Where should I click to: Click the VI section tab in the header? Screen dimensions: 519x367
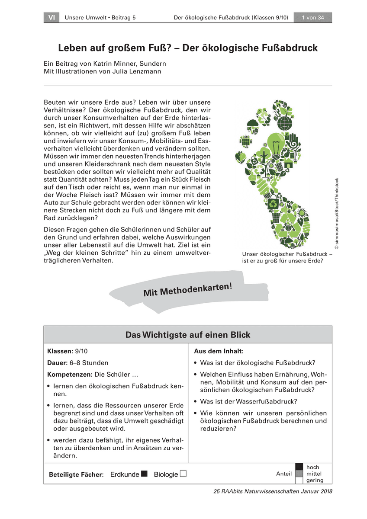click(51, 18)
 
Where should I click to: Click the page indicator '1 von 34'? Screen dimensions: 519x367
click(313, 18)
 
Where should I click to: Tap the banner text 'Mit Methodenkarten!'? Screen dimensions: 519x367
click(188, 289)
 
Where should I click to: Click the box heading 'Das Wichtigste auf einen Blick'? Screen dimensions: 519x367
click(188, 335)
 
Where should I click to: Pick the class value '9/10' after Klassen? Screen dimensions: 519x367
click(81, 351)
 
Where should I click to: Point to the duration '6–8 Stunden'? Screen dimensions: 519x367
click(89, 363)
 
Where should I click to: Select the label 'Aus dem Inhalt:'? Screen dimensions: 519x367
click(219, 351)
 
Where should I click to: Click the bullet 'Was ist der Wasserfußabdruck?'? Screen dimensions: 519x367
click(248, 401)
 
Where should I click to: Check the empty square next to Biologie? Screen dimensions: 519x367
click(183, 474)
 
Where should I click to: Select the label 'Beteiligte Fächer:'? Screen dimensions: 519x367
click(77, 474)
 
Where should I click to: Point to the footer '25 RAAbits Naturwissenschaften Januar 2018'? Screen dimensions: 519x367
click(273, 491)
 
